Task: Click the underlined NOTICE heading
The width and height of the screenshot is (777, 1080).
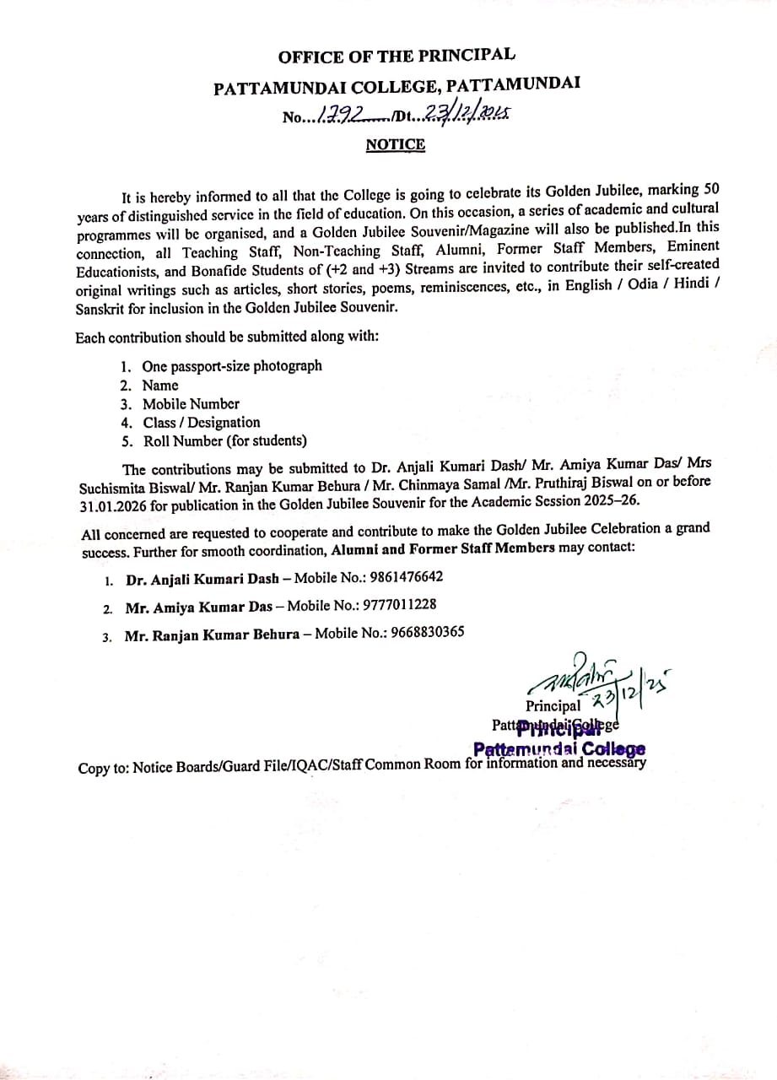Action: (395, 144)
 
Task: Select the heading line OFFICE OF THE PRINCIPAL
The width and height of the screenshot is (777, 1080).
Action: (397, 57)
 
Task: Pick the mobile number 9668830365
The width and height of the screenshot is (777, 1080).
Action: (427, 633)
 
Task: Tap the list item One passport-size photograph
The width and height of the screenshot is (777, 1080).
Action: (232, 366)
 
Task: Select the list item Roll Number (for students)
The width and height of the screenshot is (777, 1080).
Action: (225, 440)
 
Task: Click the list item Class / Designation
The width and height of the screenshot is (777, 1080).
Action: (202, 422)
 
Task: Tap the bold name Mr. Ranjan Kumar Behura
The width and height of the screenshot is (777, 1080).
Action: (212, 635)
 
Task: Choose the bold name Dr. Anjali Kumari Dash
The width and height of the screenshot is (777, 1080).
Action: (202, 579)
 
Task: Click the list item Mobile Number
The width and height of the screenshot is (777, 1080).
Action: (191, 403)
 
